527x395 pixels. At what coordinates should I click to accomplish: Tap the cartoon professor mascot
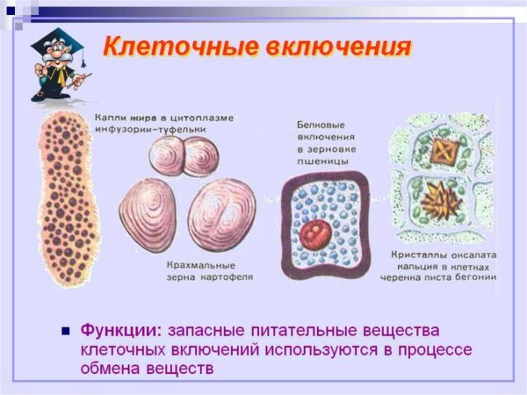pos(55,66)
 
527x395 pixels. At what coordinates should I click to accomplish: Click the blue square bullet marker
pos(64,331)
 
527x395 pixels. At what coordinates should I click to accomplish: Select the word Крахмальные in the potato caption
pos(194,264)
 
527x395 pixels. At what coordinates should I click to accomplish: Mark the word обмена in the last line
pos(111,367)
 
